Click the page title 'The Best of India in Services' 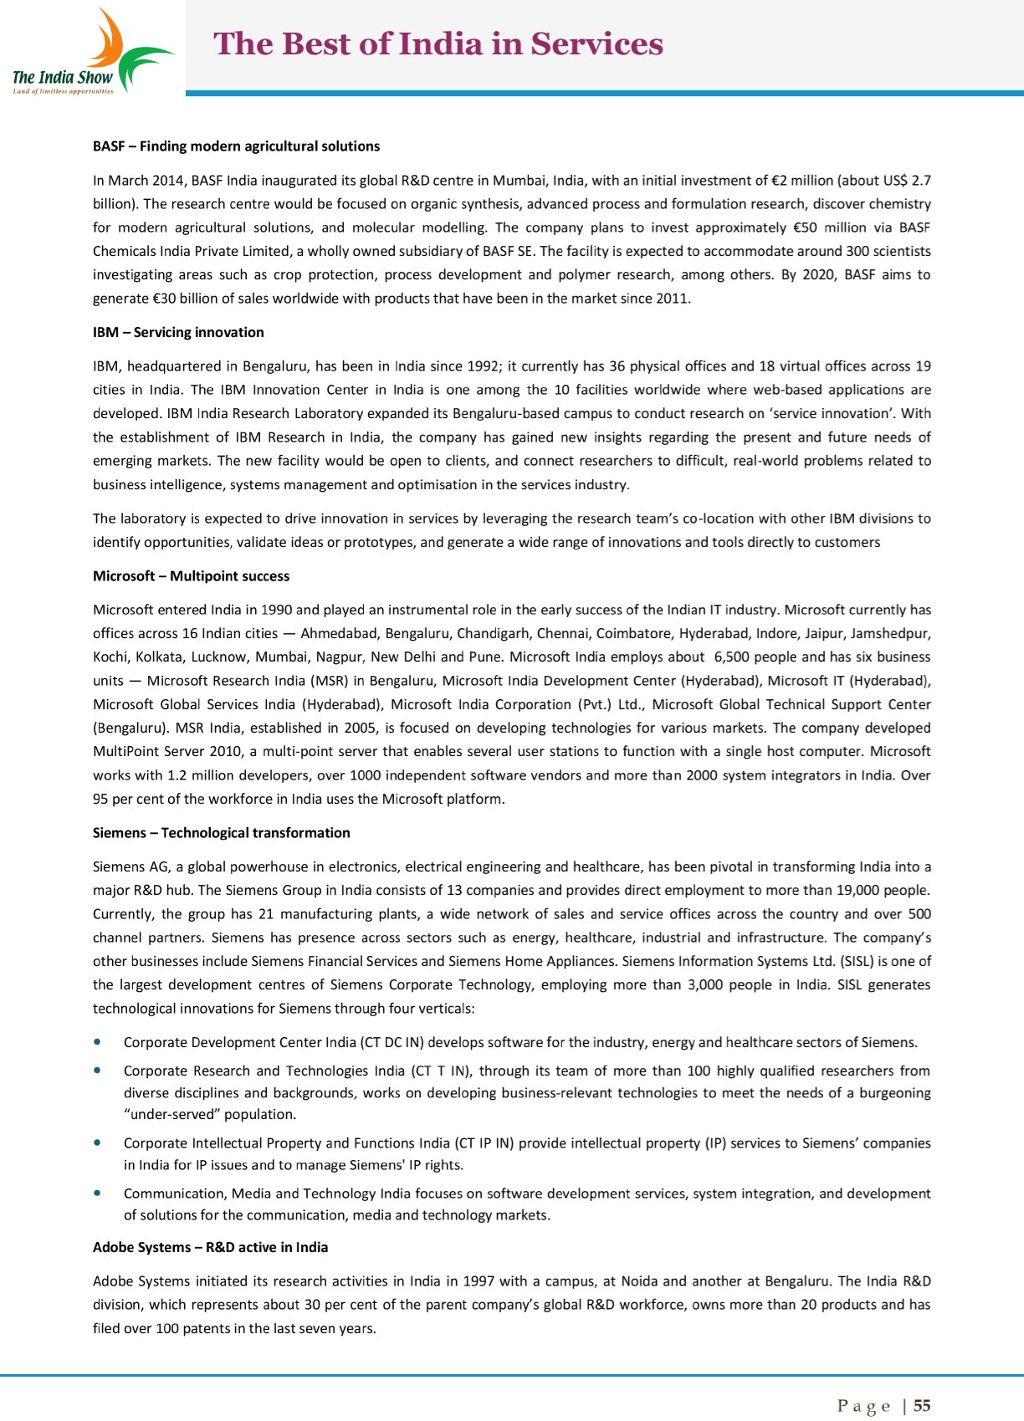438,44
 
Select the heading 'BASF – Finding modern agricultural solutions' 236,146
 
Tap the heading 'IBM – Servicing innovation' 178,332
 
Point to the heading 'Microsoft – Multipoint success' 191,576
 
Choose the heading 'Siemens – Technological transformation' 221,833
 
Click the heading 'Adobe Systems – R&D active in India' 210,1247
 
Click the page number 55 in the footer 922,1405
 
